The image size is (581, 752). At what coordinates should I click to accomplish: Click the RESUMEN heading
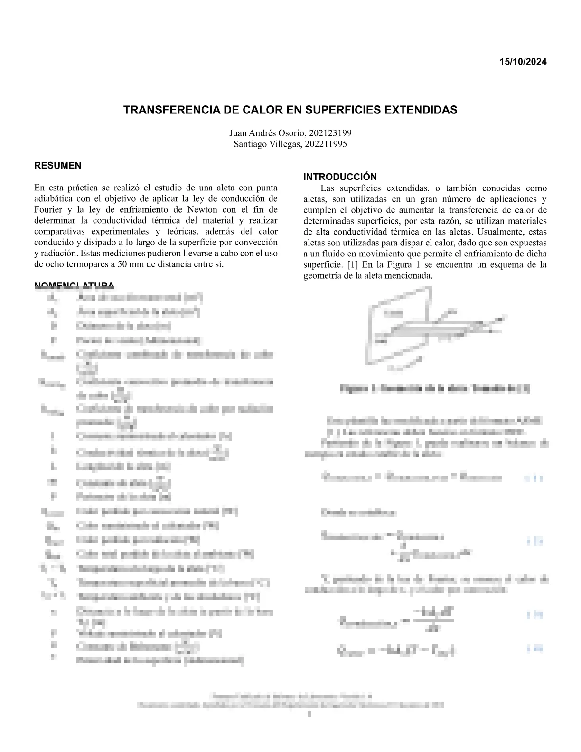coord(57,166)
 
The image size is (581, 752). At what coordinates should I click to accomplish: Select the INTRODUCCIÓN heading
coord(340,177)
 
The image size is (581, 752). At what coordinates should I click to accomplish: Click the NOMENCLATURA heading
coord(74,285)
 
